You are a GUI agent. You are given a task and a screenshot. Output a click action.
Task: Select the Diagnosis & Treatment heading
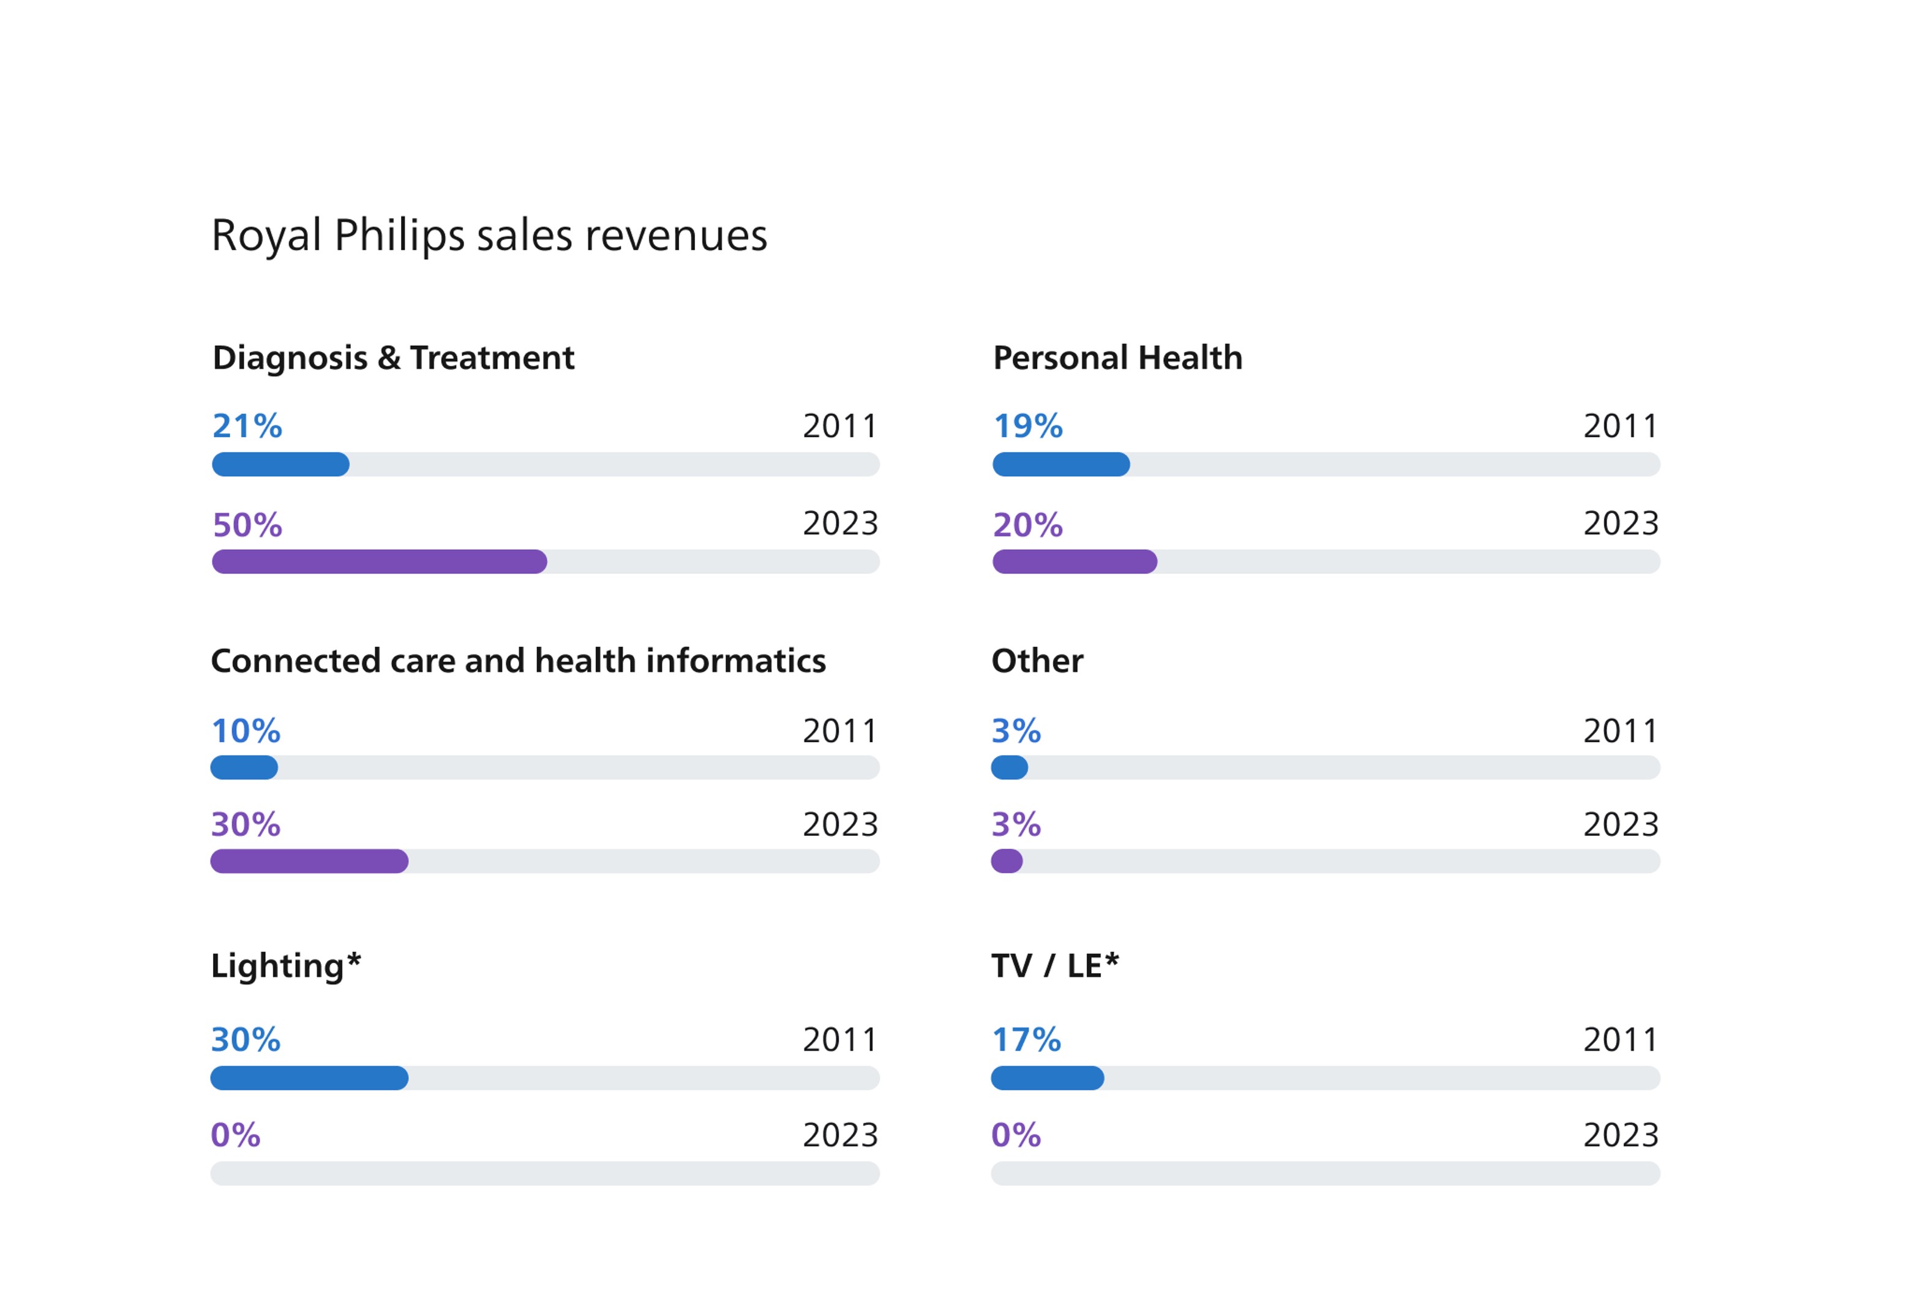[x=394, y=358]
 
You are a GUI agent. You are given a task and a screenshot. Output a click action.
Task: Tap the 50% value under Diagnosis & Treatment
[x=247, y=525]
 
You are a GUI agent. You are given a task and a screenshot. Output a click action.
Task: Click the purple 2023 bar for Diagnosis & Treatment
[x=379, y=562]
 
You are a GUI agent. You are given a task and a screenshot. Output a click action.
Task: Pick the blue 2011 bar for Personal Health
[x=1060, y=465]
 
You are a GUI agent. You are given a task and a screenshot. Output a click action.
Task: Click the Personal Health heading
[x=1117, y=358]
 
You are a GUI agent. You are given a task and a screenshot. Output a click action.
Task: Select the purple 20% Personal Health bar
[x=1075, y=562]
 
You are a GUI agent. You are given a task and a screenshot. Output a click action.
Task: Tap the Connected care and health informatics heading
[x=519, y=661]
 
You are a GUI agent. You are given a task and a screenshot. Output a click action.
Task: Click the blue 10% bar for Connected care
[x=244, y=768]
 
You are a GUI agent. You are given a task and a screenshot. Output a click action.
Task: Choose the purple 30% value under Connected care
[x=246, y=825]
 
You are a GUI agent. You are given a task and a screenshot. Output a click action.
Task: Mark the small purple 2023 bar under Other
[x=1007, y=862]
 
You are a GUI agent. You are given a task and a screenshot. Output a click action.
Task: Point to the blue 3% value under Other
[x=1016, y=731]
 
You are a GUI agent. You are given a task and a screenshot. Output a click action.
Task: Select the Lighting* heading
[x=285, y=966]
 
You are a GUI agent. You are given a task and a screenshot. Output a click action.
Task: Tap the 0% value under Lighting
[x=236, y=1135]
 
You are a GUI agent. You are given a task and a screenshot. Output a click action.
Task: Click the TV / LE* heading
[x=1055, y=966]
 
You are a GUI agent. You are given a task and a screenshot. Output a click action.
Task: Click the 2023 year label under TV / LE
[x=1621, y=1135]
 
